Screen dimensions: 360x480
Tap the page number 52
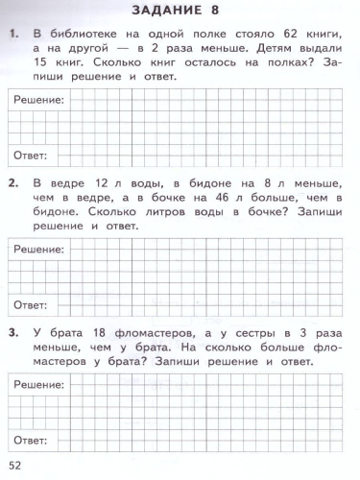pos(14,466)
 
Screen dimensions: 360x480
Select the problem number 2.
pos(13,181)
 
